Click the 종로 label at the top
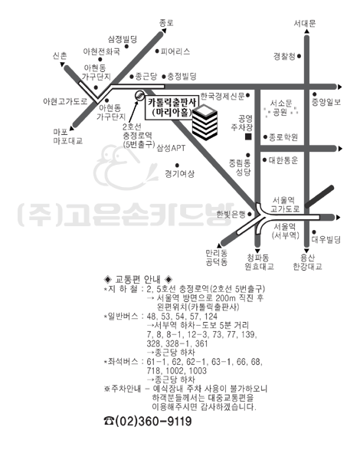tap(166, 23)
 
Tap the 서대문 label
tap(305, 23)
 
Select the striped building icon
tap(205, 123)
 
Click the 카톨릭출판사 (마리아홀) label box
tap(172, 108)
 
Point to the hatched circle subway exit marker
tap(139, 95)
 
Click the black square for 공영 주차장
tap(248, 137)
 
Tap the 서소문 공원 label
tap(281, 107)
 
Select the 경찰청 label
tap(284, 56)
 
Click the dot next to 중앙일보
tap(315, 94)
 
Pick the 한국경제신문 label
tap(222, 96)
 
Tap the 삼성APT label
tap(171, 148)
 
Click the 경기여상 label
tap(179, 173)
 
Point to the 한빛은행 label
tap(231, 214)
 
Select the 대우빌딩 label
tap(326, 239)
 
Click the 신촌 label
tap(60, 55)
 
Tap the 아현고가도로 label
tap(65, 101)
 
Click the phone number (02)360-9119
tap(153, 421)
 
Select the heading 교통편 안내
tap(138, 279)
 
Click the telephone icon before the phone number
tap(109, 421)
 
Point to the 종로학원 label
tap(283, 137)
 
